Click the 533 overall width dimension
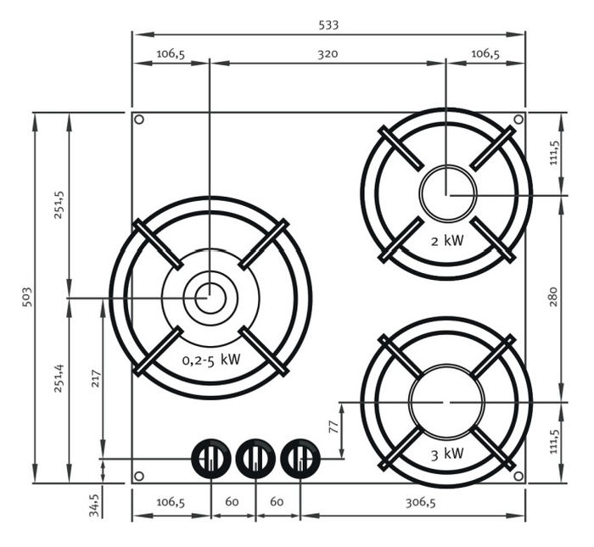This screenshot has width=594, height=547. (328, 25)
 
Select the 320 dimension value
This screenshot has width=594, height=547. (328, 53)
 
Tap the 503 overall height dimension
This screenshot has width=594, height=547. (25, 297)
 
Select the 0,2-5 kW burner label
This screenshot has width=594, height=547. (211, 359)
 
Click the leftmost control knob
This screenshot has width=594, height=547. (210, 460)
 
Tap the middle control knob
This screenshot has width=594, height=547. (255, 460)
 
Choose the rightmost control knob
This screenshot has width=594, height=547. (300, 460)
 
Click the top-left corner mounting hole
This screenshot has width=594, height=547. (139, 120)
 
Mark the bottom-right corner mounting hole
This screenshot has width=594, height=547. (518, 476)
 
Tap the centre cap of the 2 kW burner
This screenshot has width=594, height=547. (447, 192)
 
